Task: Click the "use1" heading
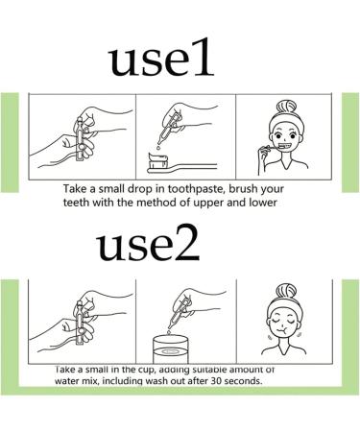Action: (161, 58)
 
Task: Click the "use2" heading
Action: (148, 242)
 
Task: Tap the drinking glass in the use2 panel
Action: (170, 349)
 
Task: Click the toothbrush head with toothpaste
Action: (158, 162)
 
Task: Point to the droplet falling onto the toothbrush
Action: (157, 148)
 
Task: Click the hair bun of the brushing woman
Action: (287, 107)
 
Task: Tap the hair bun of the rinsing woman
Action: (286, 291)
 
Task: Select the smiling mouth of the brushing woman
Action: (286, 146)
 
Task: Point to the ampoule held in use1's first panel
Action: (79, 139)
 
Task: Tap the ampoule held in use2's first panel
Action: (79, 324)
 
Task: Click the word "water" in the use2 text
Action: (65, 381)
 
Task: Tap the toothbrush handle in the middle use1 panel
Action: (193, 167)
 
